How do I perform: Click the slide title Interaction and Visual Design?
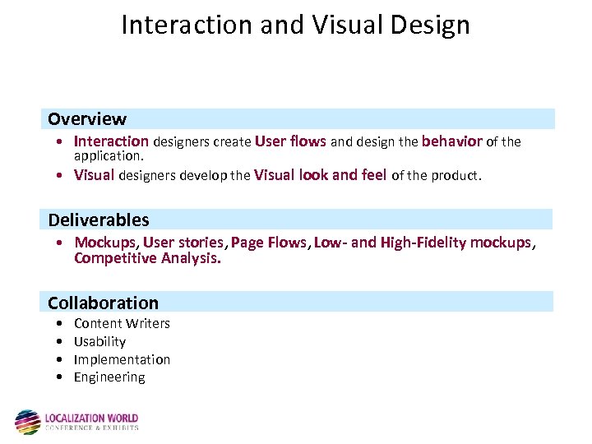pyautogui.click(x=295, y=25)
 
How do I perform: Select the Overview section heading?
pyautogui.click(x=86, y=119)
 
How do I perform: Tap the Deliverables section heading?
pyautogui.click(x=99, y=220)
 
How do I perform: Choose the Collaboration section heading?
pyautogui.click(x=103, y=303)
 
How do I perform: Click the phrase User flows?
pyautogui.click(x=290, y=141)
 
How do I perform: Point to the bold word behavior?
pyautogui.click(x=451, y=141)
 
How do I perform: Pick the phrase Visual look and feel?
pyautogui.click(x=321, y=174)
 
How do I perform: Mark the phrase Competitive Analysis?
pyautogui.click(x=147, y=258)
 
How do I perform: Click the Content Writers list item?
pyautogui.click(x=122, y=323)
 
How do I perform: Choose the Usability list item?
pyautogui.click(x=99, y=341)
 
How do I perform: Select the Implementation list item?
pyautogui.click(x=122, y=359)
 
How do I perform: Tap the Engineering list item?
pyautogui.click(x=109, y=377)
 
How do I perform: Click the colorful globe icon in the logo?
pyautogui.click(x=27, y=422)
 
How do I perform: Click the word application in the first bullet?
pyautogui.click(x=108, y=155)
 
